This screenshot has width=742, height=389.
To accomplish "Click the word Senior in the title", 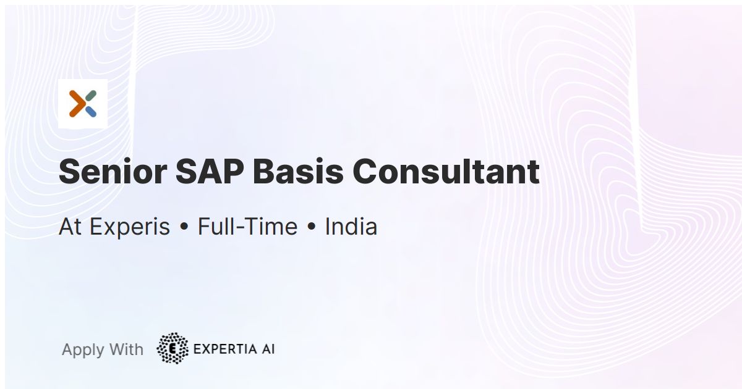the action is point(113,172).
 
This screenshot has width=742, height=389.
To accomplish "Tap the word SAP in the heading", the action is point(210,172).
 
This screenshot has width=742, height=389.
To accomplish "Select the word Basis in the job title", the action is point(298,172).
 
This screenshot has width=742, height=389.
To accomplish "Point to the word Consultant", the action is point(446,172).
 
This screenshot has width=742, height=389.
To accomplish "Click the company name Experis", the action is point(129,227).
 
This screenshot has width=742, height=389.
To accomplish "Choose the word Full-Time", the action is point(247,227).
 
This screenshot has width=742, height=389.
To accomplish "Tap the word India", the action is point(351,227).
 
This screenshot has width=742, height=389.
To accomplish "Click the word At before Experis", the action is point(70,227).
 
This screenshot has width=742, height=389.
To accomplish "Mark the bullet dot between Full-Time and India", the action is point(311,227).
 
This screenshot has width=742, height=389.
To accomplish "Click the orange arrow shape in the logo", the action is point(77,104).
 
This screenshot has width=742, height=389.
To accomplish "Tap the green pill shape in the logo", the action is point(90,96).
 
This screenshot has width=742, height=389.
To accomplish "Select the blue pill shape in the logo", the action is point(90,112).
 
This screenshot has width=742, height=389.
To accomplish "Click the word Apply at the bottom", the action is point(83,350).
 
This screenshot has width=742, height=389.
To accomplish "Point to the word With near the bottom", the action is point(126,349).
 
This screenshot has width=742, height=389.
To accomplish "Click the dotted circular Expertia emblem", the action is point(173,348).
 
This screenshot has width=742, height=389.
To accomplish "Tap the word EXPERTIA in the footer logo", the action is point(225,349).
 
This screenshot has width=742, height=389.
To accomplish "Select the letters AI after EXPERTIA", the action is point(268,349).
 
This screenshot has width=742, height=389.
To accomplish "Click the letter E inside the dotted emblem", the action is point(173,349).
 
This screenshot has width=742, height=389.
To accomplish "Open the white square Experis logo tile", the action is point(83,104).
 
